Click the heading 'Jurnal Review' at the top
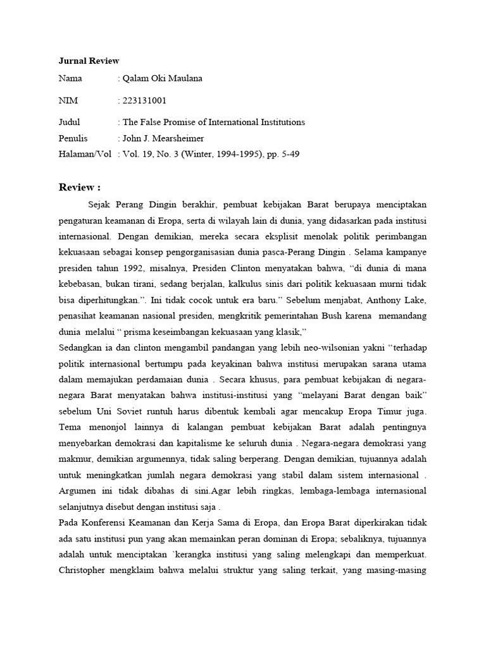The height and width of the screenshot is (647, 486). (x=89, y=61)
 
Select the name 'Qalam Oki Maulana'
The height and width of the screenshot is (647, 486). (x=163, y=79)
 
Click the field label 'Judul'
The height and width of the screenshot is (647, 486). (x=70, y=122)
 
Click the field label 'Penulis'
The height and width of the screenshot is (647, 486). (x=73, y=138)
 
